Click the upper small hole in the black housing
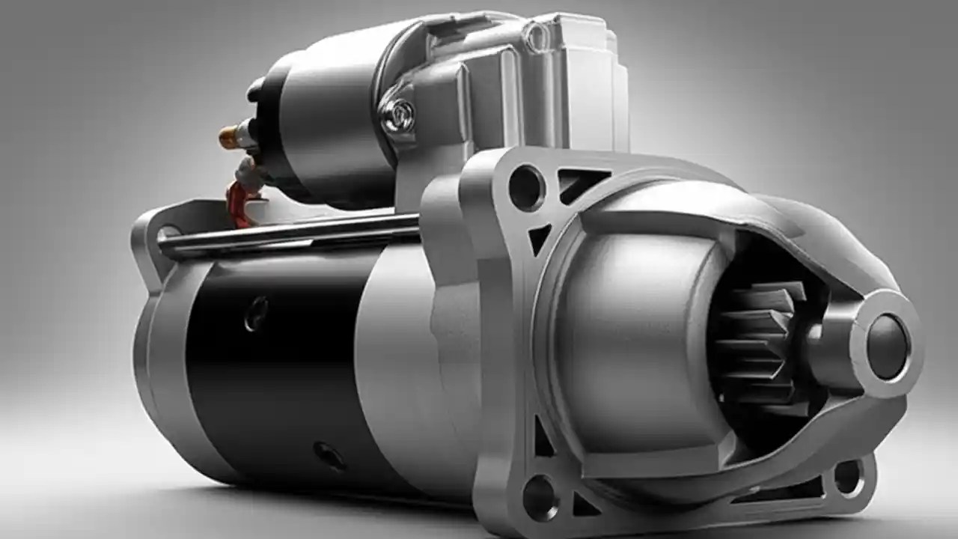[257, 313]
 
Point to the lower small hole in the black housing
[329, 455]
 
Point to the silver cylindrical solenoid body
[329, 120]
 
